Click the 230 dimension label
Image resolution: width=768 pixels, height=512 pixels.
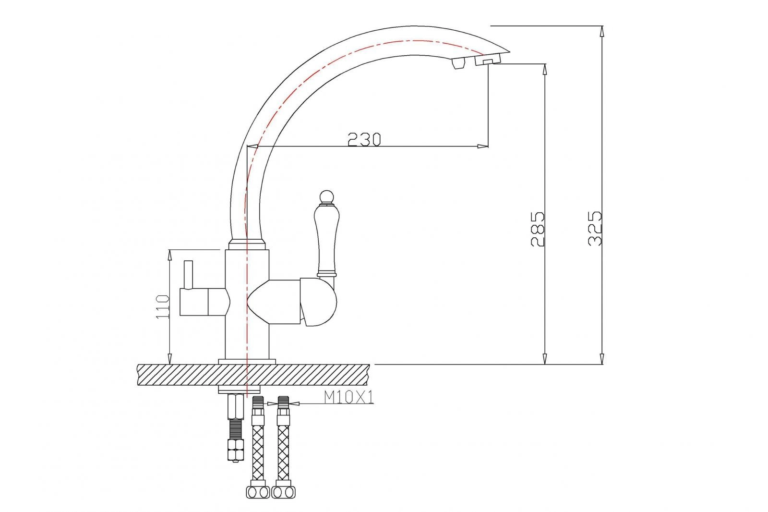[x=364, y=139]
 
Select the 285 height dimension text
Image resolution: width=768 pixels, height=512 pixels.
[x=538, y=228]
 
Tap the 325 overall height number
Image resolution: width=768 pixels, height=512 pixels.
[x=596, y=228]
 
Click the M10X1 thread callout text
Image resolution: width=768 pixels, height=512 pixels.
[x=349, y=397]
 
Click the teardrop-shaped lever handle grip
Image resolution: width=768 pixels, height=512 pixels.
[x=326, y=238]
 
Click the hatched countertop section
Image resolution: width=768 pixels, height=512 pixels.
[x=253, y=375]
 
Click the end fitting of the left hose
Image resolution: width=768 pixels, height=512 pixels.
[x=258, y=492]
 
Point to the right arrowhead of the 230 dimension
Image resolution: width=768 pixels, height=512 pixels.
[x=483, y=146]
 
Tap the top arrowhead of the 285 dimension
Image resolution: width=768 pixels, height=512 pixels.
[x=545, y=69]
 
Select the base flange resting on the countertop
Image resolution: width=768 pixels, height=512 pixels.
[x=247, y=361]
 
